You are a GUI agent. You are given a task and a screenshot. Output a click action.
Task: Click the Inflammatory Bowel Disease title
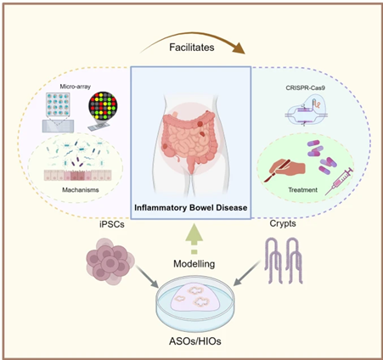pos(190,207)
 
